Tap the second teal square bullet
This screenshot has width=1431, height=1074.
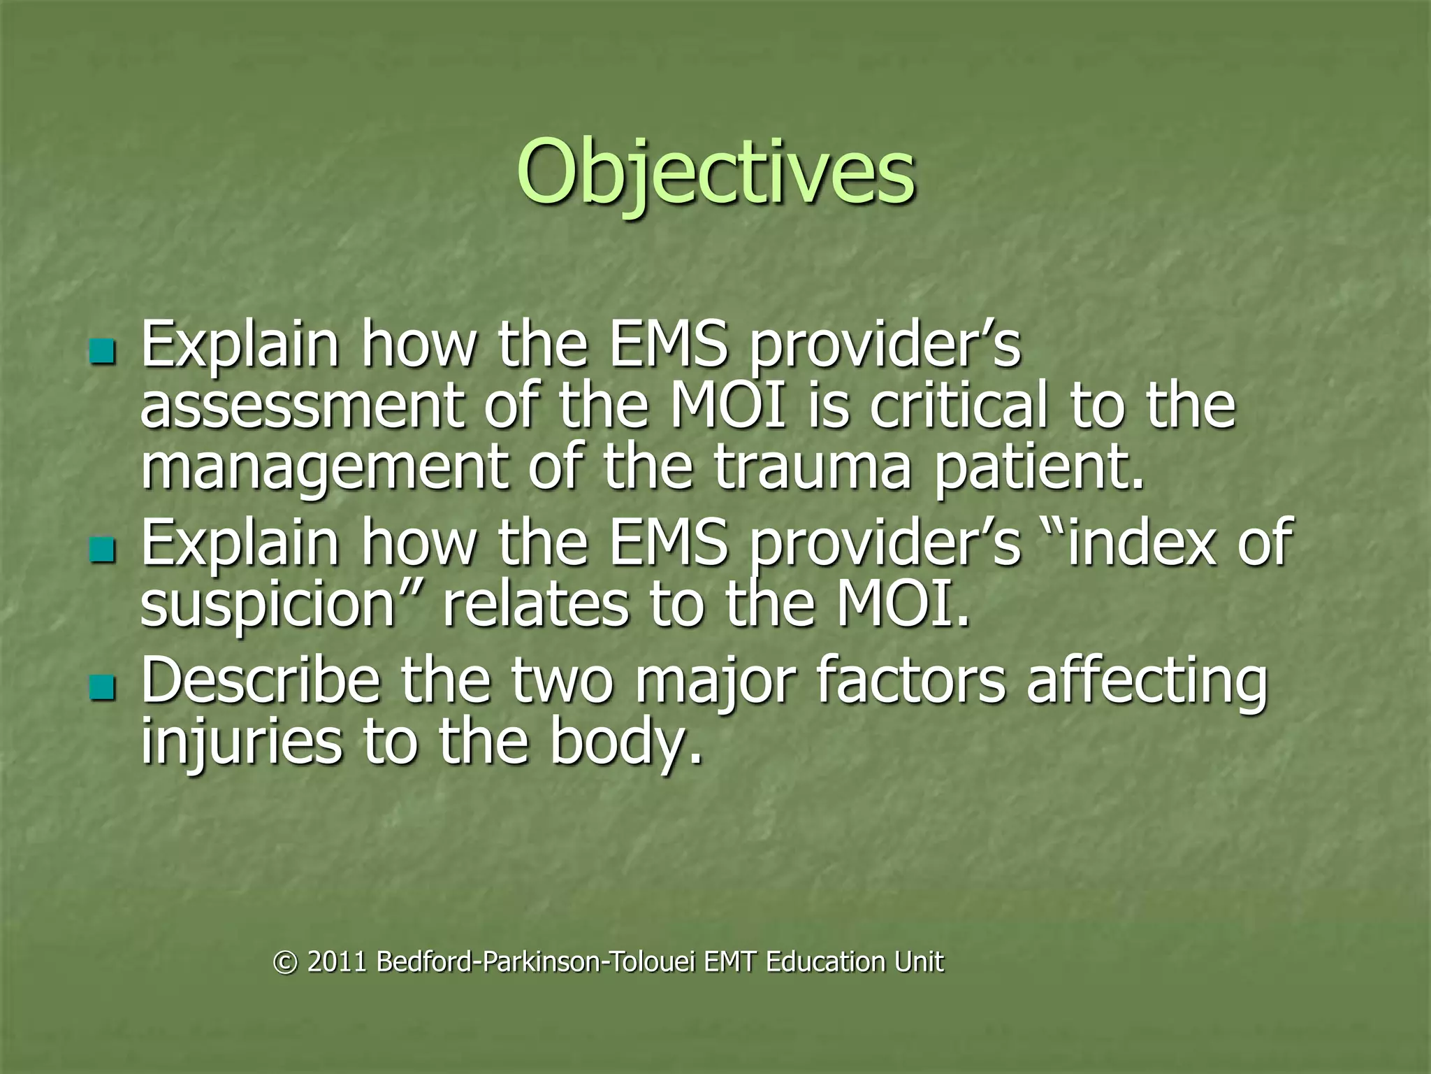click(102, 550)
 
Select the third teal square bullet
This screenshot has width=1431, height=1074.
click(102, 687)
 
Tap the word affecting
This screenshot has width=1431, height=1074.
click(1147, 682)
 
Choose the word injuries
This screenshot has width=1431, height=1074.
click(241, 743)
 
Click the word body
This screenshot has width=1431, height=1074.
click(622, 743)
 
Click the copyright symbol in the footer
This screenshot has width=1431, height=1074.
click(284, 963)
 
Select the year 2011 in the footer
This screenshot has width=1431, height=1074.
click(337, 963)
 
